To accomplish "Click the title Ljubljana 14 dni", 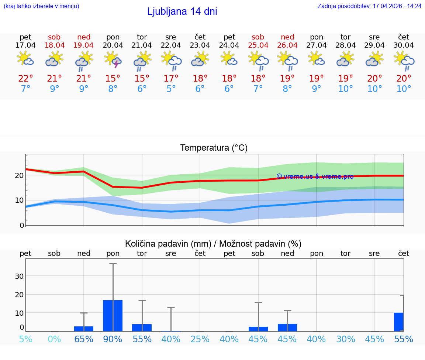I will [182, 11].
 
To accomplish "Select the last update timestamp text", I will [369, 6].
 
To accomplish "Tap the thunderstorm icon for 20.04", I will [113, 59].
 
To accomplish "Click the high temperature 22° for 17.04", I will [25, 79].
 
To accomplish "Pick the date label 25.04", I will [258, 45].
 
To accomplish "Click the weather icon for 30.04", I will [404, 59].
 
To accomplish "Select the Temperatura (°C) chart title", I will [214, 148].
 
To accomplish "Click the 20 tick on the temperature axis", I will [19, 175].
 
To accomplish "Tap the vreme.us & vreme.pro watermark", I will [315, 176].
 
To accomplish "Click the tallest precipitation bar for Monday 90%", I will [113, 316].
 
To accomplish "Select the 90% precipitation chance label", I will [113, 339].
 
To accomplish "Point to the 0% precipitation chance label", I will [55, 339].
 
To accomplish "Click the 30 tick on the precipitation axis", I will [19, 276].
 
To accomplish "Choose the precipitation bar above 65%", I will [84, 329].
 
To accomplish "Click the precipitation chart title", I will [213, 244].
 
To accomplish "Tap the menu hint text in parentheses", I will [41, 6].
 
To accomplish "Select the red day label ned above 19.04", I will [84, 37].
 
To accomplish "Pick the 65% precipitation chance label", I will [84, 339].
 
